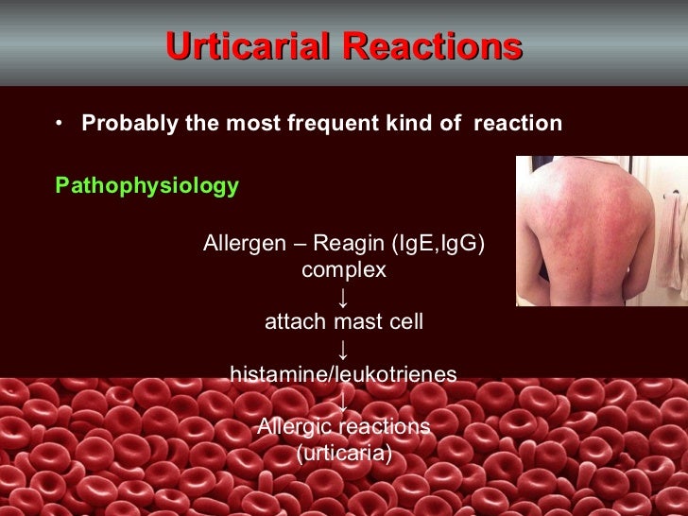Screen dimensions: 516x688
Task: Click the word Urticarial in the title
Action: [249, 46]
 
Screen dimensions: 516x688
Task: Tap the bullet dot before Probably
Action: [60, 124]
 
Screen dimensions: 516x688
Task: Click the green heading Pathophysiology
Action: [146, 185]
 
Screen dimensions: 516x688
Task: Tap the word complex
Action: [344, 269]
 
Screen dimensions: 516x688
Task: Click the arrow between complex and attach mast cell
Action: [343, 297]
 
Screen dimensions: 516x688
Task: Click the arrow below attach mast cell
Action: [343, 349]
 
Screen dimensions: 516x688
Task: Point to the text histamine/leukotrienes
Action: [344, 375]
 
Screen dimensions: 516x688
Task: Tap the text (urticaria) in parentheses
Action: [344, 453]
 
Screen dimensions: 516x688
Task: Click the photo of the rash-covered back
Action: [595, 232]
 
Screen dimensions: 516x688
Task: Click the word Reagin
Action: [348, 244]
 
